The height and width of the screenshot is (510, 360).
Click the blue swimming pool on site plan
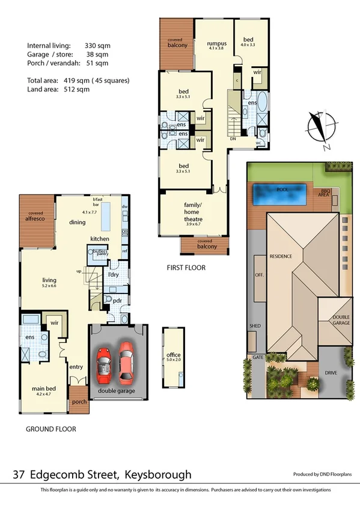[281, 194]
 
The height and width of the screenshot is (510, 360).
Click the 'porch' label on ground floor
[79, 402]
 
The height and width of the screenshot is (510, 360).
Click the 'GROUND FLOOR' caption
[50, 429]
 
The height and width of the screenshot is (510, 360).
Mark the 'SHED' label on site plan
[255, 326]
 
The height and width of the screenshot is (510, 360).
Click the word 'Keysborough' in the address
[157, 475]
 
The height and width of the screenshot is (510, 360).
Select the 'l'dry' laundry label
[113, 275]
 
